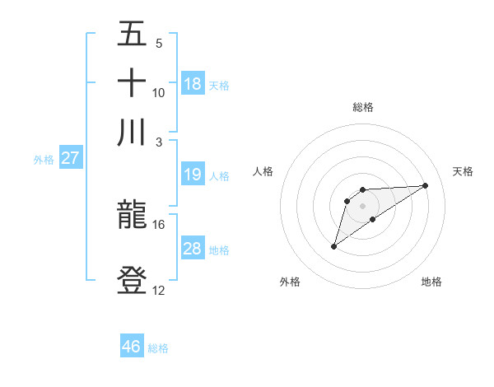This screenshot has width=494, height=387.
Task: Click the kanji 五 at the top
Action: pyautogui.click(x=132, y=35)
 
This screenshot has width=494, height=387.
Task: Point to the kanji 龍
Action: pyautogui.click(x=132, y=216)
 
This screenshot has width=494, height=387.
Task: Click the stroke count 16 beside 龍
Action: pyautogui.click(x=159, y=224)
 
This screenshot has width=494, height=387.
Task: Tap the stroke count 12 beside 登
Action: pyautogui.click(x=159, y=290)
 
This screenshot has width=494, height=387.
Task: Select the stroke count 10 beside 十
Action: pyautogui.click(x=159, y=92)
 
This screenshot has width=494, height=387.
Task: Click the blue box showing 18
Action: pyautogui.click(x=193, y=84)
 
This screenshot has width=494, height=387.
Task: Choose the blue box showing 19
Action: pyautogui.click(x=193, y=175)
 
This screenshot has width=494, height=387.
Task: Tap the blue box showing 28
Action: pyautogui.click(x=193, y=249)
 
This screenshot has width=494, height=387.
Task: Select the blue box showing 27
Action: pyautogui.click(x=70, y=158)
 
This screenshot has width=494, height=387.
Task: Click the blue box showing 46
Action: pyautogui.click(x=132, y=347)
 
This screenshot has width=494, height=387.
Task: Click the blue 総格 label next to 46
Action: pyautogui.click(x=158, y=348)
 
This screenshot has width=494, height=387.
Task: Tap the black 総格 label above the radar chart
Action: pyautogui.click(x=362, y=107)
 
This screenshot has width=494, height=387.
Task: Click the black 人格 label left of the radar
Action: pyautogui.click(x=263, y=171)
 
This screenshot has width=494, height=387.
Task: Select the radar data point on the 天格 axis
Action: pyautogui.click(x=426, y=184)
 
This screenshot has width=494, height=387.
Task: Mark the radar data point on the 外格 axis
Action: pyautogui.click(x=333, y=246)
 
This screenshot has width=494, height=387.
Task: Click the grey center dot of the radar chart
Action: pyautogui.click(x=362, y=205)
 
